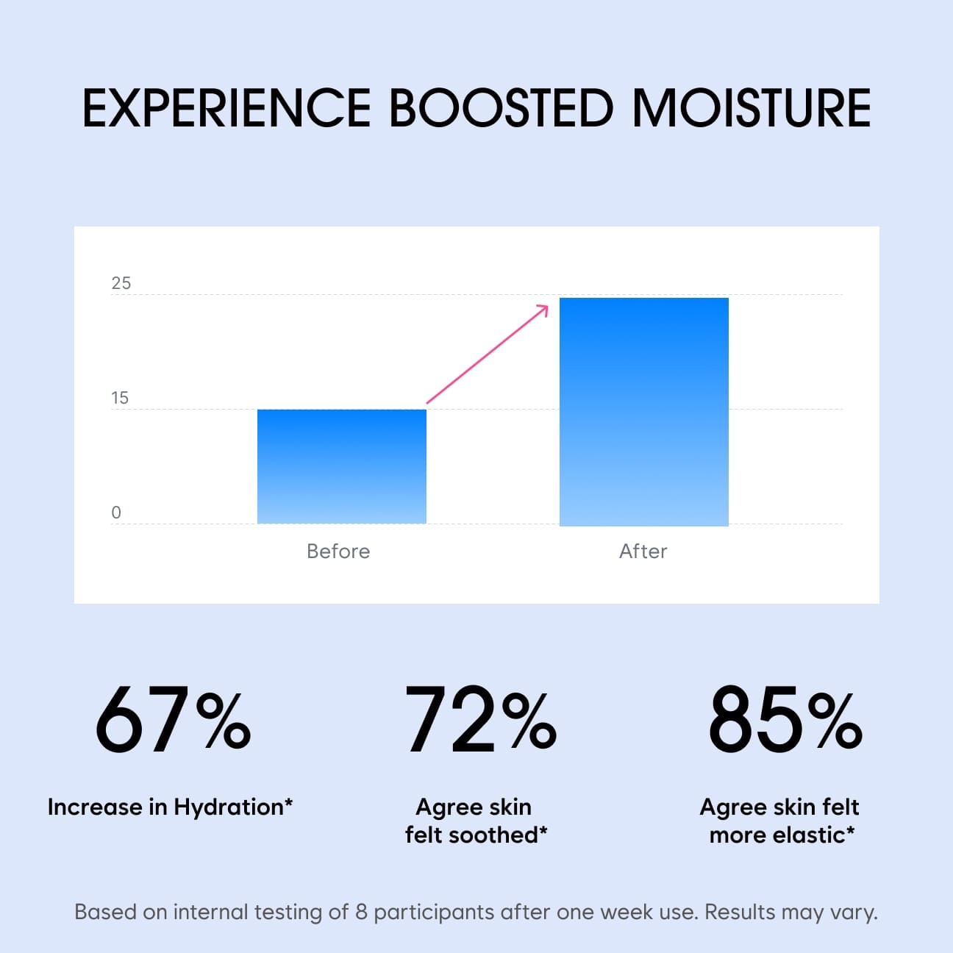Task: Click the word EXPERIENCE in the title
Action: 226,108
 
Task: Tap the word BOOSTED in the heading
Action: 502,108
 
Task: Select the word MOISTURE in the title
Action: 752,108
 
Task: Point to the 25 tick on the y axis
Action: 121,283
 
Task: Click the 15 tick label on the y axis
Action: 120,398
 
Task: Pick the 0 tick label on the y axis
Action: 116,513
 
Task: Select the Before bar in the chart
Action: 342,466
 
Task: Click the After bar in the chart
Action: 644,412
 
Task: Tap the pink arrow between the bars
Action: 487,354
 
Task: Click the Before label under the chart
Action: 338,551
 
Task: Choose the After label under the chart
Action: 643,551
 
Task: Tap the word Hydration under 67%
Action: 229,808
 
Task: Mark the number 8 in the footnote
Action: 362,913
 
